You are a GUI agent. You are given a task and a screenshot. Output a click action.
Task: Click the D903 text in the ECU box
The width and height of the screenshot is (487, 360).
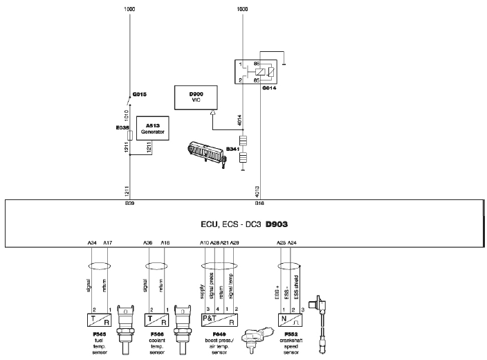278,225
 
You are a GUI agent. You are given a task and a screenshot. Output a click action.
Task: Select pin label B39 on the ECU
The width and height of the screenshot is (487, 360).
129,205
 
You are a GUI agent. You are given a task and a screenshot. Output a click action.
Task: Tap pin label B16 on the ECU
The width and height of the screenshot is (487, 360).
260,205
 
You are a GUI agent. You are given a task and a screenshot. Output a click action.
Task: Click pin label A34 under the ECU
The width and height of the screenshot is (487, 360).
92,243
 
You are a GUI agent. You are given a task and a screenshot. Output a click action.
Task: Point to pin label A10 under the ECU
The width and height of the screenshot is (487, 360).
204,243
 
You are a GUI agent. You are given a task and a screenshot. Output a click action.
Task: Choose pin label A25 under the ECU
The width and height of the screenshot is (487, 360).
281,243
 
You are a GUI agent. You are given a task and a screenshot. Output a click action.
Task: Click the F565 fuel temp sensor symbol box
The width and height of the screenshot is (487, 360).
100,321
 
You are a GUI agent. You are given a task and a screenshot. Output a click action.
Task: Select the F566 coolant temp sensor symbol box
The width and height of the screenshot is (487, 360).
156,321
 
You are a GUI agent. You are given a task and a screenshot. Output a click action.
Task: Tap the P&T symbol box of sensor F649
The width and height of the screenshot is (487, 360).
219,321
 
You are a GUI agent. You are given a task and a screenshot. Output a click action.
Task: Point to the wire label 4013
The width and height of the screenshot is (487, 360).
257,188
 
